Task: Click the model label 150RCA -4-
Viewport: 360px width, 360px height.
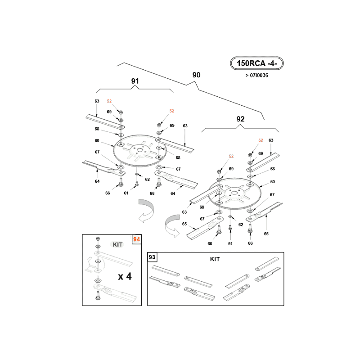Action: (x=256, y=63)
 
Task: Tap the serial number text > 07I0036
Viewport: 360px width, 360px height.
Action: (x=256, y=75)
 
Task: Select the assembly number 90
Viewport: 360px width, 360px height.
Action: (x=196, y=75)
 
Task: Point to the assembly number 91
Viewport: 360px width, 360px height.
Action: (x=135, y=81)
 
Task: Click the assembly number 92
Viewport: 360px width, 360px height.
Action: (x=240, y=119)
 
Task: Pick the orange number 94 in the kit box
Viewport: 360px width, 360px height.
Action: (x=137, y=239)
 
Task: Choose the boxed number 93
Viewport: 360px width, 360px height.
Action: (x=152, y=257)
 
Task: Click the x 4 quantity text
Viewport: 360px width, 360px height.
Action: (x=125, y=276)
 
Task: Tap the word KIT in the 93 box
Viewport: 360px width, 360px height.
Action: (x=215, y=259)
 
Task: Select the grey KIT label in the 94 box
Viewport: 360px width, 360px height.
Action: (x=117, y=244)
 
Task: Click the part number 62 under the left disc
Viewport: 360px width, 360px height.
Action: (x=148, y=179)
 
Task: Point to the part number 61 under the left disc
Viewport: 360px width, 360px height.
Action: (x=126, y=193)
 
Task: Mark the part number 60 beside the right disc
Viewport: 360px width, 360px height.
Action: (x=273, y=182)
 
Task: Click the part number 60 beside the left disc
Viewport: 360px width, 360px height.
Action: (x=97, y=140)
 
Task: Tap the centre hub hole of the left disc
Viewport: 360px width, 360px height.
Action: (x=139, y=150)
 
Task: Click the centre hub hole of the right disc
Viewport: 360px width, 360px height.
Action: (x=234, y=193)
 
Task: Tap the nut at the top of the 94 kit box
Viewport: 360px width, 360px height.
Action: (x=98, y=238)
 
